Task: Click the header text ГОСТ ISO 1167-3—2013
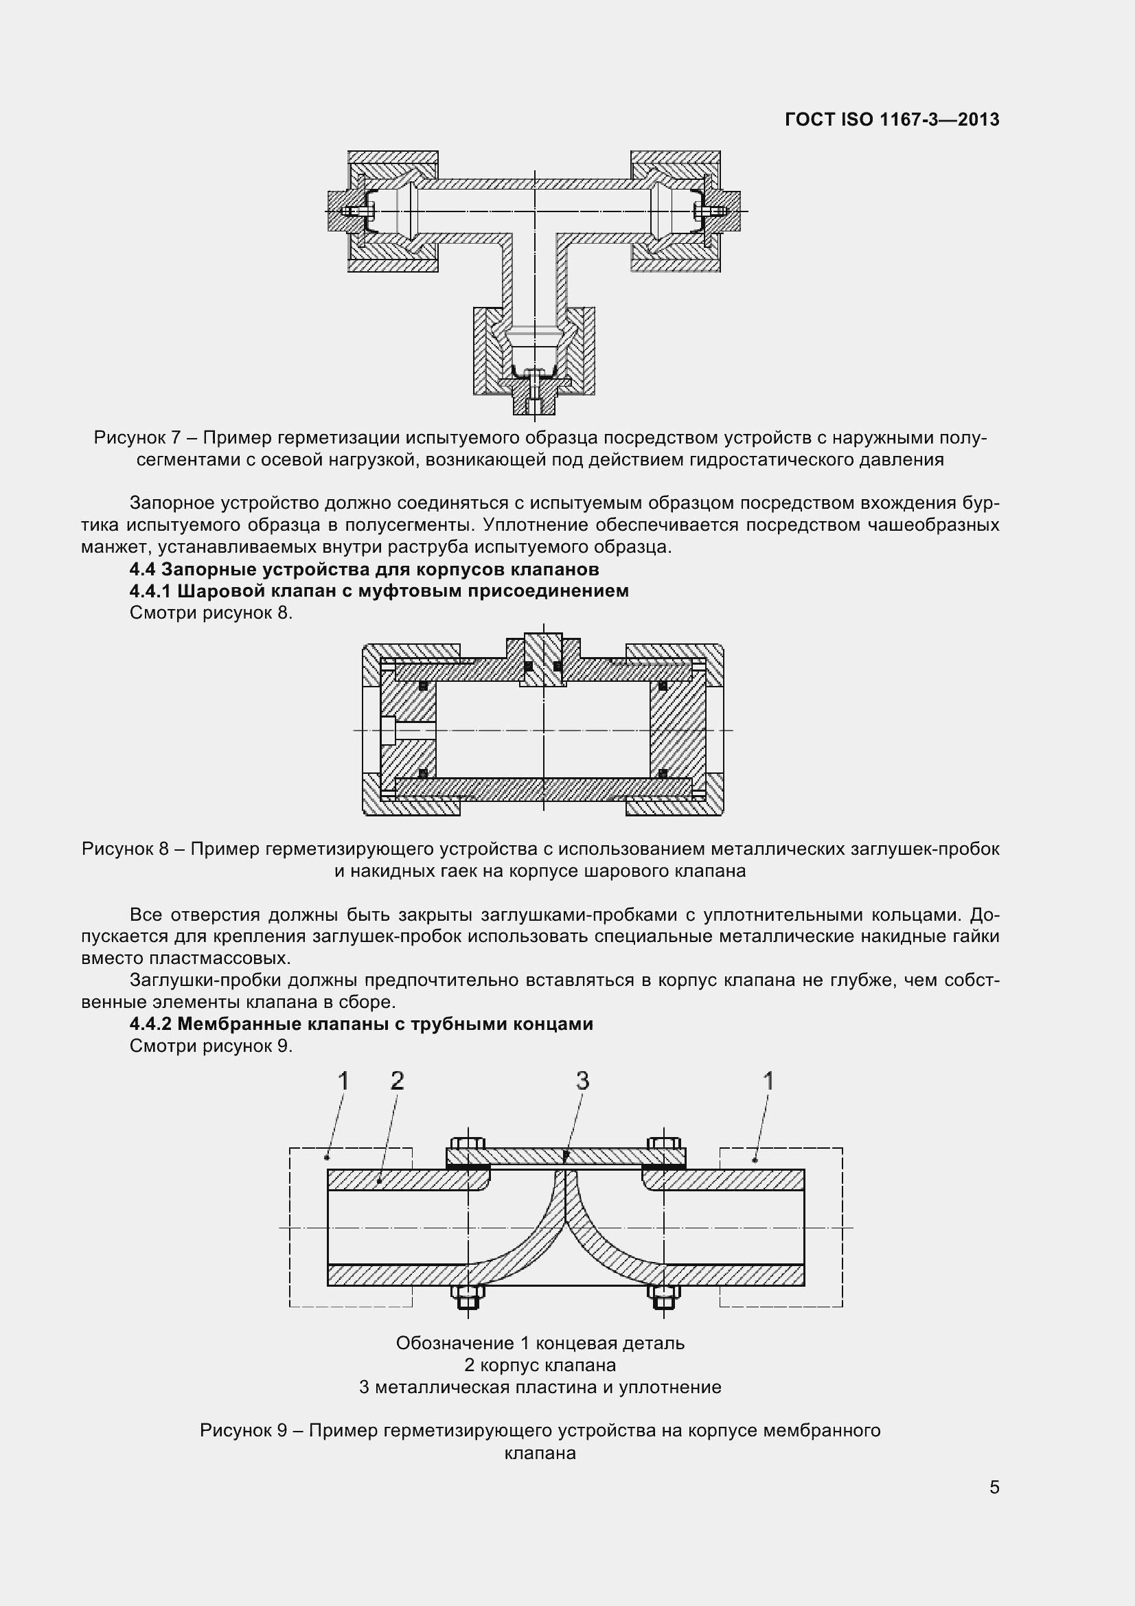pos(892,119)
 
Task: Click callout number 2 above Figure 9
pos(397,1081)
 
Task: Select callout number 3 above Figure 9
pos(582,1081)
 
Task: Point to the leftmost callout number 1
pos(343,1081)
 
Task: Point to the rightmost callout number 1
pos(768,1081)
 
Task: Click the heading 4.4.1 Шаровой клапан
pos(379,591)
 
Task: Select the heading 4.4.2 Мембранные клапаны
pos(361,1024)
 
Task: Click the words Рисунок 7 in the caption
pos(138,438)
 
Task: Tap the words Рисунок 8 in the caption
pos(125,849)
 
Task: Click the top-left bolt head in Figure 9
pos(468,1145)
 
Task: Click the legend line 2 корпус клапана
pos(540,1366)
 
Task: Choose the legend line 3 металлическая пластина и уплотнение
pos(540,1388)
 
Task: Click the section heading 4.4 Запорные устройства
pos(364,569)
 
